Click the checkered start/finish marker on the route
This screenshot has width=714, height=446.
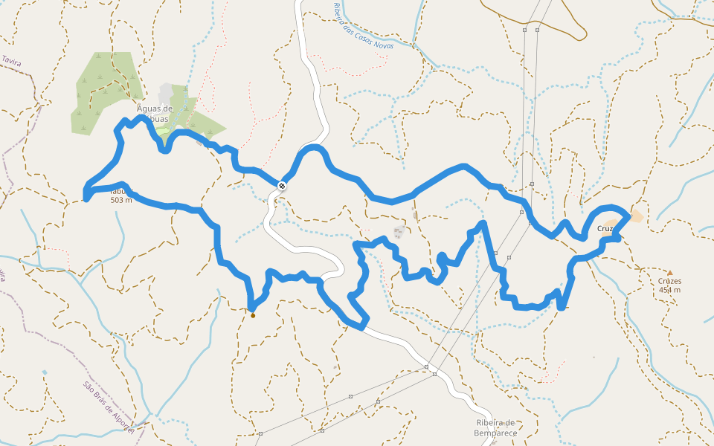coord(282,185)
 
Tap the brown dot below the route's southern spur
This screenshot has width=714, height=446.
coord(253,315)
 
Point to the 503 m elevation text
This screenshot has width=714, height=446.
coord(120,200)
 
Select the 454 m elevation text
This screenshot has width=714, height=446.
coord(669,290)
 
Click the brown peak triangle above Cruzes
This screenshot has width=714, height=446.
coord(669,273)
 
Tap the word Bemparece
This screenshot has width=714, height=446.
coord(495,432)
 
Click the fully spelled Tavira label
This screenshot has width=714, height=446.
coord(10,61)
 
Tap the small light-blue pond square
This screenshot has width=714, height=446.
coord(45,372)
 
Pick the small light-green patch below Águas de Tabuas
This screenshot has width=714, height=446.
coord(162,132)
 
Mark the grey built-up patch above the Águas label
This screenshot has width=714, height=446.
coord(165,93)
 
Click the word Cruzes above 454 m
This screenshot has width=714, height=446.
coord(669,282)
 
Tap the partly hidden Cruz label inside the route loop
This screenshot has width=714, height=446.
coord(605,228)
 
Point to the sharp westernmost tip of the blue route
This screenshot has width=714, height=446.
coord(86,198)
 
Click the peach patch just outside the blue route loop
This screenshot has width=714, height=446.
coord(637,216)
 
